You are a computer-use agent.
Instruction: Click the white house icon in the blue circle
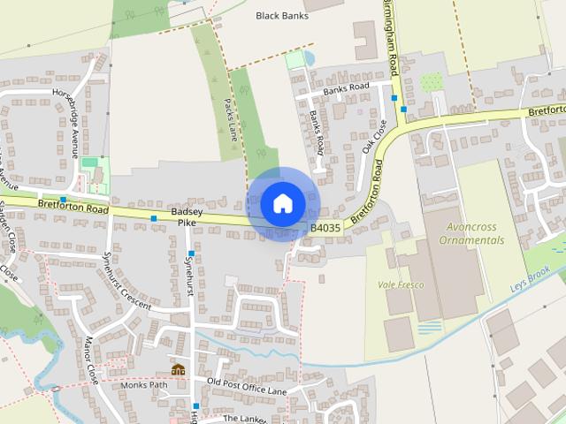click(282, 204)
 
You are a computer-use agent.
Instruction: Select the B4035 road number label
click(325, 228)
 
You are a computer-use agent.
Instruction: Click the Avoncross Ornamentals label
click(470, 233)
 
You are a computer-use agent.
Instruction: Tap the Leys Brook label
click(531, 279)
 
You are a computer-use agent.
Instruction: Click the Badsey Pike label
click(187, 217)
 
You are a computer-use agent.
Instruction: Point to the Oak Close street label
click(375, 138)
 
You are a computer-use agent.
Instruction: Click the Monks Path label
click(144, 385)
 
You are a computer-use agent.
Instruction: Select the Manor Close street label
click(92, 359)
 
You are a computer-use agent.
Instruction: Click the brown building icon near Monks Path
click(179, 369)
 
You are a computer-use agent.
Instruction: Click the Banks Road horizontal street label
click(346, 88)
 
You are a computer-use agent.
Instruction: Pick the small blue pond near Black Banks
click(308, 58)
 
